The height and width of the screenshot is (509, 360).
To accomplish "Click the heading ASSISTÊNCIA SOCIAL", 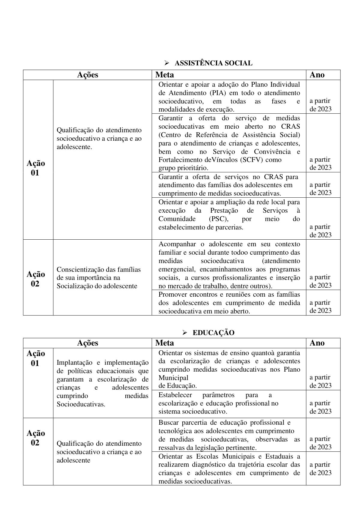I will pyautogui.click(x=213, y=63).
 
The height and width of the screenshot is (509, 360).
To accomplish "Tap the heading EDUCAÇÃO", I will pyautogui.click(x=213, y=333).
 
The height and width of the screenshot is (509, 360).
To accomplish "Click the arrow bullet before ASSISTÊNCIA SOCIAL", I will pyautogui.click(x=166, y=63).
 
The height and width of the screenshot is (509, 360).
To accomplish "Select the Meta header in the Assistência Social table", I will pyautogui.click(x=165, y=75).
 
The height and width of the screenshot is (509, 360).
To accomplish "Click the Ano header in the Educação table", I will pyautogui.click(x=317, y=343).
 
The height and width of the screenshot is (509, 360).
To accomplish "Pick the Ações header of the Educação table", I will pyautogui.click(x=88, y=343).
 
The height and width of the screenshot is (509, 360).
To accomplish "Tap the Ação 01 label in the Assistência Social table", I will pyautogui.click(x=36, y=168).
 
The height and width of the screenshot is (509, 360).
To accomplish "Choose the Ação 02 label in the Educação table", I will pyautogui.click(x=36, y=438).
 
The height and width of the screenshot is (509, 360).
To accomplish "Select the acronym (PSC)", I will pyautogui.click(x=218, y=219).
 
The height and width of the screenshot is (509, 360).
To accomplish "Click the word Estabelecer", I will pyautogui.click(x=175, y=395).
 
